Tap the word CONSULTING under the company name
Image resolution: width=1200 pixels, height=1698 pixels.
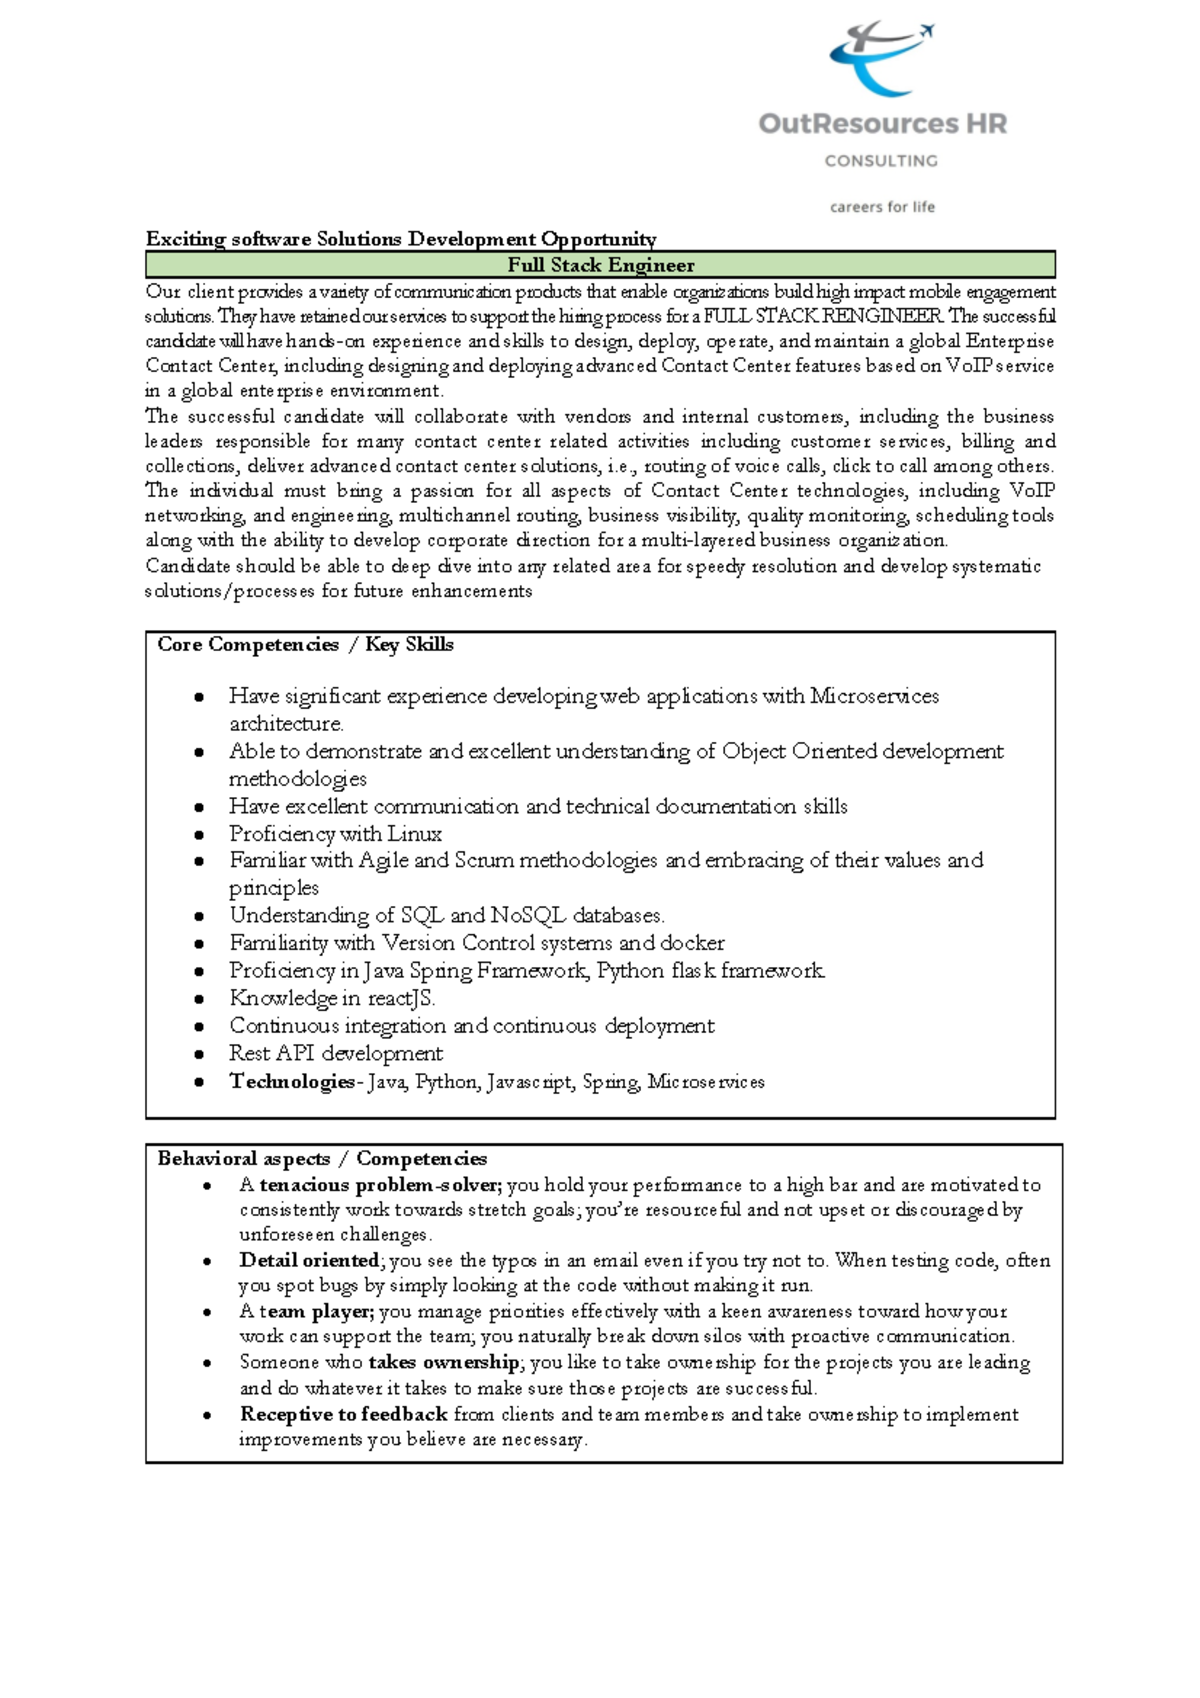881,160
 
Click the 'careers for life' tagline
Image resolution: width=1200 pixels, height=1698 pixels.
882,207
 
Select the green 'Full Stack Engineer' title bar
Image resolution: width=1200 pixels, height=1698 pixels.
600,265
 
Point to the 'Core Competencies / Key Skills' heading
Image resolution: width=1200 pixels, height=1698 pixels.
305,645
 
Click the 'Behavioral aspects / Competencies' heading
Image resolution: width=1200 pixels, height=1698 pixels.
322,1159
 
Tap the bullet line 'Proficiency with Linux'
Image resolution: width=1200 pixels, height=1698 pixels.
335,834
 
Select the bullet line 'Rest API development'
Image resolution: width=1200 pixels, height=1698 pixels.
335,1053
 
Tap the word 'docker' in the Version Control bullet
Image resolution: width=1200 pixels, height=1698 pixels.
692,943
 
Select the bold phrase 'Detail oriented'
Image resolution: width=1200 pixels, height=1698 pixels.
309,1260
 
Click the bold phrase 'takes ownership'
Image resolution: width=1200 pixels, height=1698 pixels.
443,1362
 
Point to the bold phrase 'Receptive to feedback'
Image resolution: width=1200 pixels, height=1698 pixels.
343,1414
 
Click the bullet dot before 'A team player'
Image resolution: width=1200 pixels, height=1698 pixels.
207,1312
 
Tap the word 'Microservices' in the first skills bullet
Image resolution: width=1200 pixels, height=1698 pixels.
874,696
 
